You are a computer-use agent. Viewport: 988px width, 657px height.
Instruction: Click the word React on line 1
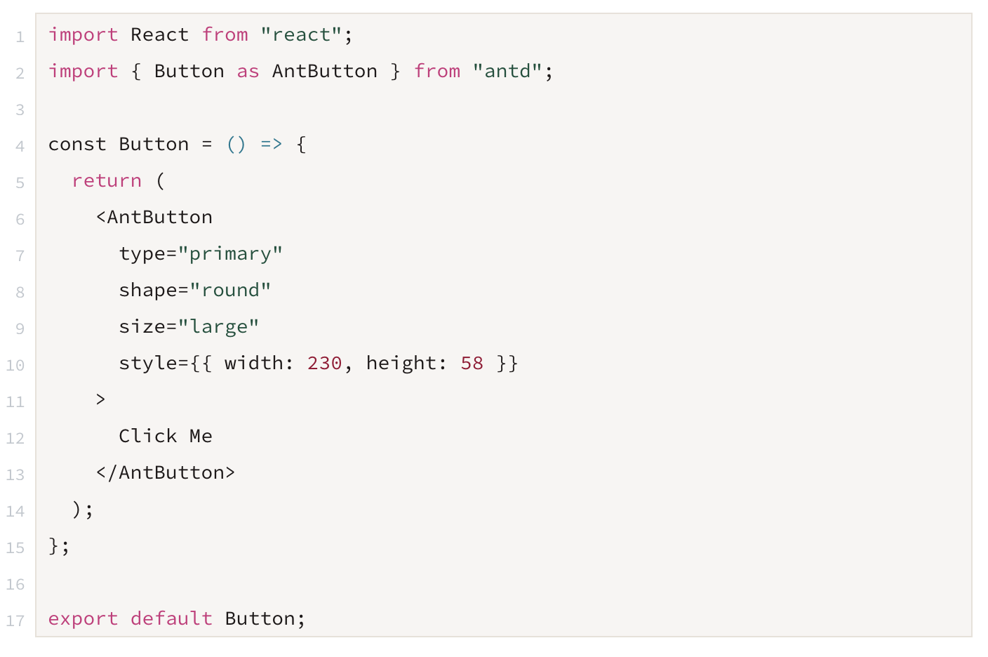[160, 35]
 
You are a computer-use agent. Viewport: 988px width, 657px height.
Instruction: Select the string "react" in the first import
[301, 35]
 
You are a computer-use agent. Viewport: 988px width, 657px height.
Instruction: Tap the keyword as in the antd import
[248, 72]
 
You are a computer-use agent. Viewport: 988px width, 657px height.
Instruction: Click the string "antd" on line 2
[507, 71]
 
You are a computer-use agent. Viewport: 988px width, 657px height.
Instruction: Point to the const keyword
[77, 145]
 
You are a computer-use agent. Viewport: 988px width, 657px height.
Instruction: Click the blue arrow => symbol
[272, 145]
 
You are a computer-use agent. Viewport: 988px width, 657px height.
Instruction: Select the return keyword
[107, 181]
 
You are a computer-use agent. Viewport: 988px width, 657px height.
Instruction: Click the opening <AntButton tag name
[154, 217]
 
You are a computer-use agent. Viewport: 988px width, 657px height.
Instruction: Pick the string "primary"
[229, 254]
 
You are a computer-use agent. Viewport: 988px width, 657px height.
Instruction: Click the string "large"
[218, 327]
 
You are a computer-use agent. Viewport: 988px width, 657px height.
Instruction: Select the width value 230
[325, 363]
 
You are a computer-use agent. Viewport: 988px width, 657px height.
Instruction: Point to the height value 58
[472, 363]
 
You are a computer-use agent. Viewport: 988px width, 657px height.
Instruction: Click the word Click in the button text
[148, 436]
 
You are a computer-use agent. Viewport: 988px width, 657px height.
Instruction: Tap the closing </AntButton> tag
[166, 472]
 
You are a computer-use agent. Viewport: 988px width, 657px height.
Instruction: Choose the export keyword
[84, 619]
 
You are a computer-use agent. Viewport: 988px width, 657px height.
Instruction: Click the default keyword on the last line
[172, 618]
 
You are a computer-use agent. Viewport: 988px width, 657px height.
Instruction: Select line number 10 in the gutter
[15, 365]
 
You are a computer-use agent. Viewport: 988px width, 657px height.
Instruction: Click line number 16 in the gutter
[15, 585]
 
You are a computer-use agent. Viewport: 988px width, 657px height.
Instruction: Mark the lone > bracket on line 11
[100, 399]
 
